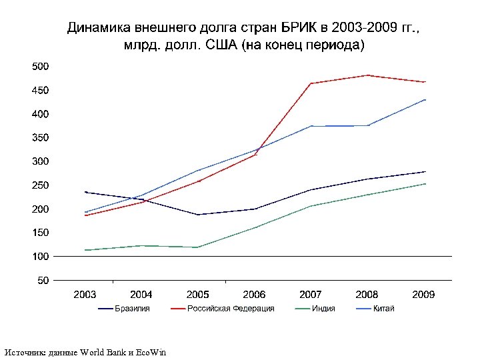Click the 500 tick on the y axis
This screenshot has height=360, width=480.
click(40, 67)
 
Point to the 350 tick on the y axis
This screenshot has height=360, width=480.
click(40, 138)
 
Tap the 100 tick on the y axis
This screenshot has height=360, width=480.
click(40, 257)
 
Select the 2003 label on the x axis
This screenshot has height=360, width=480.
click(85, 294)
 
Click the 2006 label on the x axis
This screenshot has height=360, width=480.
click(254, 294)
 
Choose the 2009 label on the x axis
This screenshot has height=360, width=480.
click(424, 294)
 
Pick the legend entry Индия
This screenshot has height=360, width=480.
click(323, 308)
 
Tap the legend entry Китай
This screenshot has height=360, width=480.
click(383, 308)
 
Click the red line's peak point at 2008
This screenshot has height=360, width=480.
click(368, 75)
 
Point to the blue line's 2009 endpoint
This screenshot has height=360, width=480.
click(425, 100)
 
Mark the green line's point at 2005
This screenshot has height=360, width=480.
click(198, 247)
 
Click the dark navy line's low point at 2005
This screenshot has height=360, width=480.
click(198, 215)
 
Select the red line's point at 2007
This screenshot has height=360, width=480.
click(311, 83)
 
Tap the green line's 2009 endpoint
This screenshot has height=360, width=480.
click(425, 184)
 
